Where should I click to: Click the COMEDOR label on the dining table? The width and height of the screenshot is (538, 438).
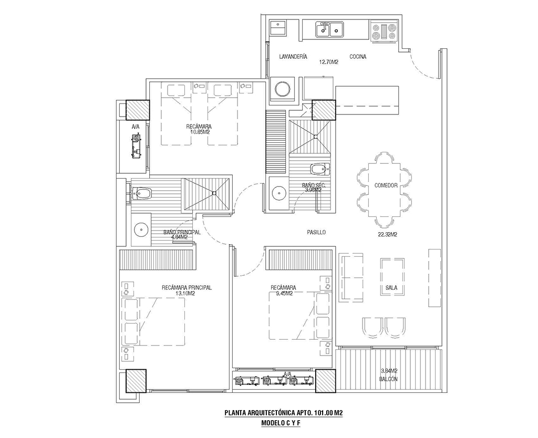pos(386,185)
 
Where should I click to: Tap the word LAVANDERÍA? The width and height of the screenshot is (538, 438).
pos(293,57)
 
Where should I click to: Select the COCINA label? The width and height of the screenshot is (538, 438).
pos(358,57)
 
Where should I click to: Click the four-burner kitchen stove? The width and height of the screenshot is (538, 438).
pos(384,31)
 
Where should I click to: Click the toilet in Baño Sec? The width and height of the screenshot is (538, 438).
pos(319,169)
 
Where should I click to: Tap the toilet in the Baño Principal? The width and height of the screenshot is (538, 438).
pos(141,194)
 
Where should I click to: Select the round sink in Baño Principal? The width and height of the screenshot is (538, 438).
pos(141,229)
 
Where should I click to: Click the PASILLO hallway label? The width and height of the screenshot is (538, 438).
pos(316,232)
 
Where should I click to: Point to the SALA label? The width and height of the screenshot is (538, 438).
pos(391,287)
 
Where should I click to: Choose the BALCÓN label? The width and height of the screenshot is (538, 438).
pos(389,379)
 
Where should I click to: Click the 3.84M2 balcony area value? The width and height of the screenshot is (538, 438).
pos(389,371)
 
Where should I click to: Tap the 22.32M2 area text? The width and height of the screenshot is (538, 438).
pos(387,235)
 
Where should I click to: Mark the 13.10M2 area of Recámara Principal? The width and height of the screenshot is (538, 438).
pos(185,293)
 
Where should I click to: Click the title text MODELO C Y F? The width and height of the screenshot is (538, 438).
pos(281,423)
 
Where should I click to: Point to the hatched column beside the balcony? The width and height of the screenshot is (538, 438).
pos(326,381)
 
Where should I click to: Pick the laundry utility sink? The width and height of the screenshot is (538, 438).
pos(278,27)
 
